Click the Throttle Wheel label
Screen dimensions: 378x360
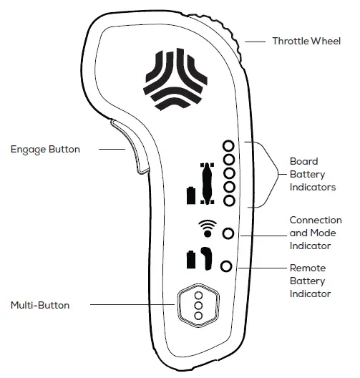coord(306,41)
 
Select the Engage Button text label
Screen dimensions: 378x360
coord(45,150)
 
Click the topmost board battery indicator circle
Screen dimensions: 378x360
coord(229,146)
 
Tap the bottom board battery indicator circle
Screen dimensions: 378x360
coord(229,200)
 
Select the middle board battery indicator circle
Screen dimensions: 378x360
coord(229,173)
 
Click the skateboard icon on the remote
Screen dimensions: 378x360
coord(208,184)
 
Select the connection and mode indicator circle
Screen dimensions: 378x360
coord(228,233)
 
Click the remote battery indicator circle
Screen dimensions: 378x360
coord(227,266)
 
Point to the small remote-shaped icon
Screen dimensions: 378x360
coord(206,258)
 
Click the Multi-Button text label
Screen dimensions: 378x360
coord(40,305)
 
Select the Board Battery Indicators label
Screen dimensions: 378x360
coord(312,175)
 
